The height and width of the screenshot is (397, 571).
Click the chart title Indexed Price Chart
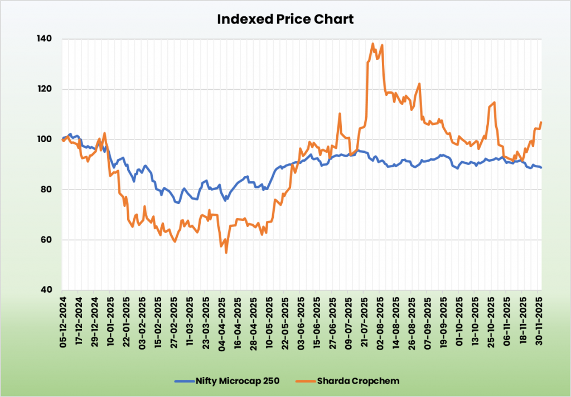pyautogui.click(x=285, y=19)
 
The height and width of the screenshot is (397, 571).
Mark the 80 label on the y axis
pyautogui.click(x=46, y=190)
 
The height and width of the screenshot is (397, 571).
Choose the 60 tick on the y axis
pyautogui.click(x=46, y=240)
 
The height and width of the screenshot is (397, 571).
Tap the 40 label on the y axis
pyautogui.click(x=46, y=290)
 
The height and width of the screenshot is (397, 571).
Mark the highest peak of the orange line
pyautogui.click(x=372, y=43)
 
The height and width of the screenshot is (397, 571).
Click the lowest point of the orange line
pyautogui.click(x=226, y=253)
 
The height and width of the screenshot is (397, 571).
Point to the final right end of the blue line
pyautogui.click(x=541, y=168)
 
